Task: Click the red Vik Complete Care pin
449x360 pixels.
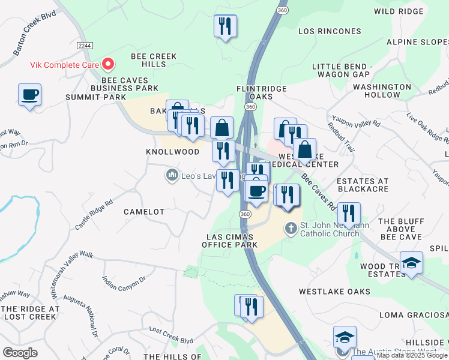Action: pos(109,63)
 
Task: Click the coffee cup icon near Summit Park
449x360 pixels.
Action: pos(29,95)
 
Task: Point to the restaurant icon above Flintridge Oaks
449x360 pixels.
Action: pos(225,26)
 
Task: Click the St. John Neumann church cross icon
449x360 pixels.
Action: pos(291,228)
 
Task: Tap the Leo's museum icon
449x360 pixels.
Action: pos(172,175)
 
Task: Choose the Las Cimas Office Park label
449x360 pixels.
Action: pos(230,240)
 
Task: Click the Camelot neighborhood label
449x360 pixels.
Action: pos(144,212)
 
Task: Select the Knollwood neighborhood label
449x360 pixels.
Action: pos(172,152)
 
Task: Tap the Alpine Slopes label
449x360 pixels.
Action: pos(418,42)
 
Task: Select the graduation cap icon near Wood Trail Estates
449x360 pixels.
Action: pos(411,263)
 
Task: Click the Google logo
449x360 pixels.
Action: pos(20,353)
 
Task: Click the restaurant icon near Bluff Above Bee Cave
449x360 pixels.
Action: pos(349,213)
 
